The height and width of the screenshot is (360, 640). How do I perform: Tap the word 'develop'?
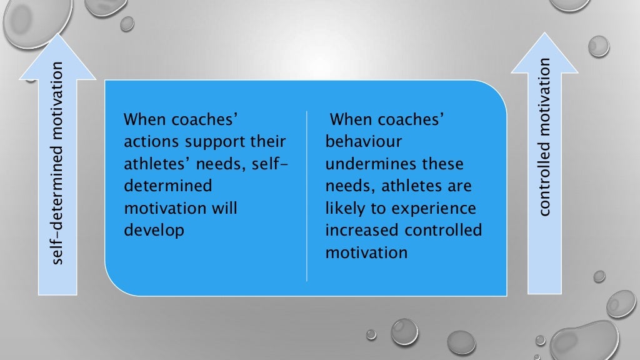click(x=154, y=230)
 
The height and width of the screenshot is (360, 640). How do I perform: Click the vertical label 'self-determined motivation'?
click(x=57, y=162)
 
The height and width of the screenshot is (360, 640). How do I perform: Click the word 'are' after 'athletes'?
click(x=458, y=186)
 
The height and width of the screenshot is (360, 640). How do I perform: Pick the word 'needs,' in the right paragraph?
click(x=349, y=186)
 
